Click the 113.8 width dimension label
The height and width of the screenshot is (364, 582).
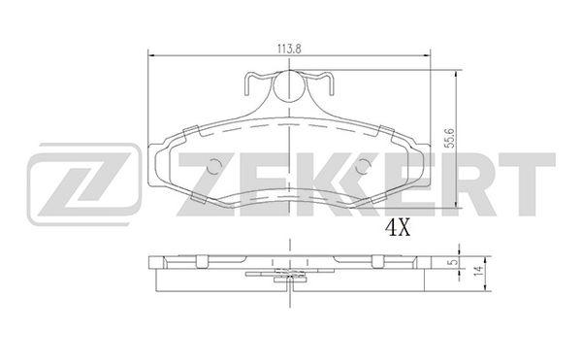click(289, 49)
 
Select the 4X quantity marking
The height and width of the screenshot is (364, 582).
click(398, 227)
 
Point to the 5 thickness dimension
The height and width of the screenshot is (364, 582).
click(451, 262)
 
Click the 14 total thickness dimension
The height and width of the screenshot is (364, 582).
click(479, 271)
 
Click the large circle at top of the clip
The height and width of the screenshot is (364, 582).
click(289, 85)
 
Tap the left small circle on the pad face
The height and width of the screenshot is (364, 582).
click(213, 166)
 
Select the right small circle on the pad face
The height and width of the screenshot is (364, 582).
click(363, 166)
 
